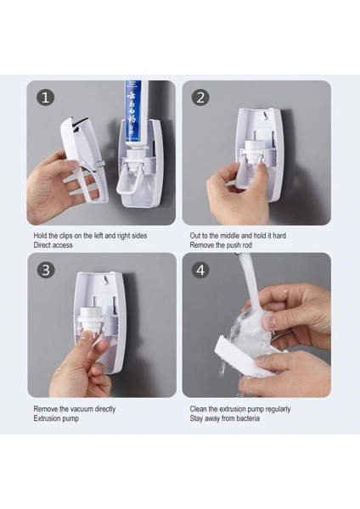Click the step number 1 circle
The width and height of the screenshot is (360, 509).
point(45,98)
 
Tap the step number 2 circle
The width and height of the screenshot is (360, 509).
point(200,98)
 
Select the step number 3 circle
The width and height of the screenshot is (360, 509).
point(46,270)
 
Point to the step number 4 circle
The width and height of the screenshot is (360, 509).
point(200,270)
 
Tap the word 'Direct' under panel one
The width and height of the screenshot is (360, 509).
point(43,245)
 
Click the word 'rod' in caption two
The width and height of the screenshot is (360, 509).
point(246,245)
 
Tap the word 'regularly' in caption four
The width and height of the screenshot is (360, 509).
point(278,409)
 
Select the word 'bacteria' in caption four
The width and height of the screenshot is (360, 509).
point(248,418)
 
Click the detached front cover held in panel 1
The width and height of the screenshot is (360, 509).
point(86,159)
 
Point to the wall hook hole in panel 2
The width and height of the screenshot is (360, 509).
point(266,115)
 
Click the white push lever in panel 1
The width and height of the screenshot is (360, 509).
point(128,182)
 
